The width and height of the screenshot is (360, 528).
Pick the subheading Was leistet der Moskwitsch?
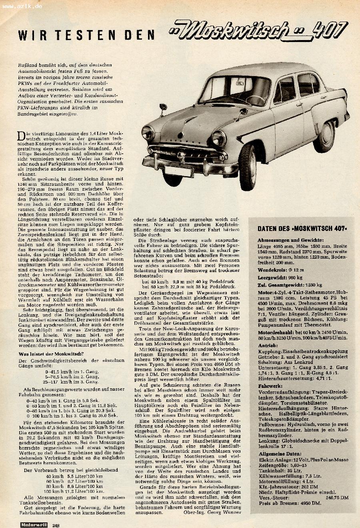[52, 353]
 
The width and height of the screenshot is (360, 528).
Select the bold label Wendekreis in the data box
[271, 270]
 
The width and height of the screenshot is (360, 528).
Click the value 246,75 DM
[337, 497]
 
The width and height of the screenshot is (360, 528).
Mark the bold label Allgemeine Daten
[279, 454]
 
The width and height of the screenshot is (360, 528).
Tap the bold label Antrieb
[268, 345]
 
